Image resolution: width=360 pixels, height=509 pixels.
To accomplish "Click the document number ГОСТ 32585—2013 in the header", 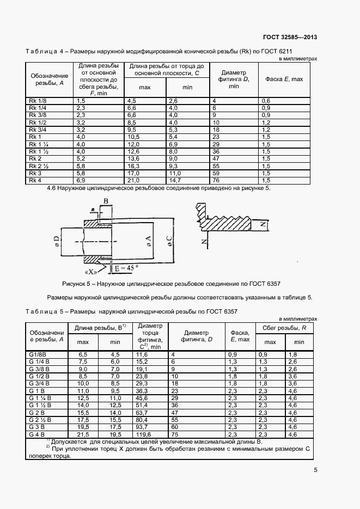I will click(290, 38).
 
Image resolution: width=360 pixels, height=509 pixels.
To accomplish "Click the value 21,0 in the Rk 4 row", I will click(134, 180).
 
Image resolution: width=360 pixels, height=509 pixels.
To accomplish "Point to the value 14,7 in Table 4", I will click(174, 180).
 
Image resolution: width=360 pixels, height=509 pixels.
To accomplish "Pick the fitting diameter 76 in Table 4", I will click(216, 180).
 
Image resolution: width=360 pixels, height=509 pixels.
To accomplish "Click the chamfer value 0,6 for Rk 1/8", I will click(266, 101).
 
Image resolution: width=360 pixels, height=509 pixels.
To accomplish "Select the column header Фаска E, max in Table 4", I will click(284, 79).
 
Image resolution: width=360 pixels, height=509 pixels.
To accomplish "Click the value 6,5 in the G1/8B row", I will click(83, 354).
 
